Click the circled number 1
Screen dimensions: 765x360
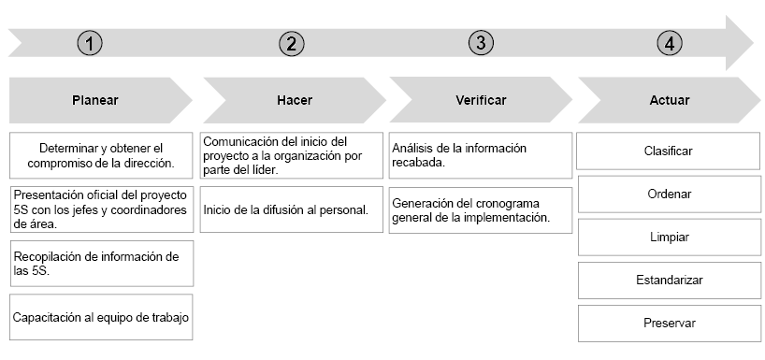[x=90, y=43]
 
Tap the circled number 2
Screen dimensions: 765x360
[x=292, y=43]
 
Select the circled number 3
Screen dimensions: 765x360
[x=481, y=43]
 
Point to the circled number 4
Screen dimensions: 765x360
[x=670, y=43]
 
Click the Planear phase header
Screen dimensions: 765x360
[x=95, y=100]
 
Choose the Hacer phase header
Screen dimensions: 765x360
[x=295, y=100]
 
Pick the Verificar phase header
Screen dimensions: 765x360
[x=482, y=100]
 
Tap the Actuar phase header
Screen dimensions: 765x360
[x=669, y=100]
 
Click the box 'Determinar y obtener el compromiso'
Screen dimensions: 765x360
[x=101, y=155]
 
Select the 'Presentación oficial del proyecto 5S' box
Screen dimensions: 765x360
[x=101, y=209]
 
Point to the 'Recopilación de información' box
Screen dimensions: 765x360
[x=101, y=263]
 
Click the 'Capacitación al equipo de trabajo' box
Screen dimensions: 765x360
[x=101, y=317]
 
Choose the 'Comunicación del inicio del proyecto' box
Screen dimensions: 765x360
[x=291, y=155]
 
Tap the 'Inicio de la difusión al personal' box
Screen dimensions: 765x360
[x=291, y=209]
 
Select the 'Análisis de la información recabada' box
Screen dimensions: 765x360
[x=480, y=155]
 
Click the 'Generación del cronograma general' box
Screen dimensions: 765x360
[x=480, y=210]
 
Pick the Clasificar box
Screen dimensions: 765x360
[x=669, y=151]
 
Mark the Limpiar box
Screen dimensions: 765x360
[x=669, y=237]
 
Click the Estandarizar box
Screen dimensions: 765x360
[x=669, y=280]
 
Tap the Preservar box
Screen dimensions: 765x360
[x=669, y=323]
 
